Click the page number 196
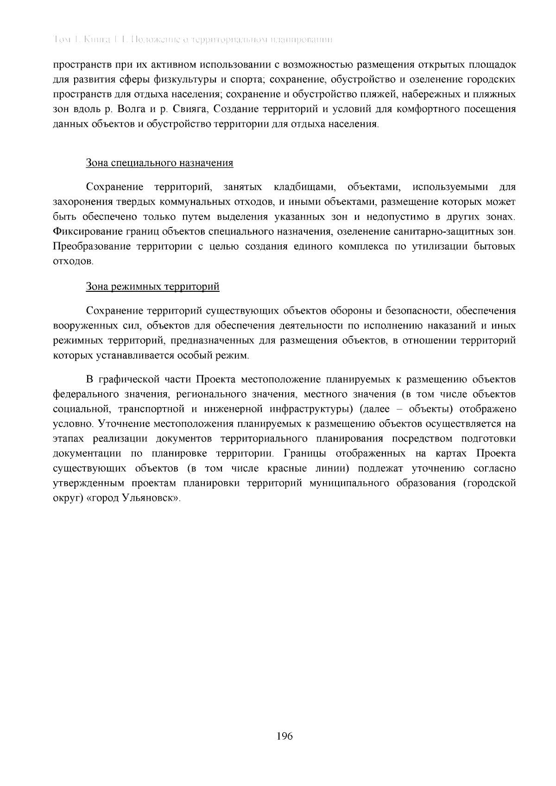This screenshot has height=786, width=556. pyautogui.click(x=284, y=736)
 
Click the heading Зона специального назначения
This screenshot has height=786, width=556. pyautogui.click(x=159, y=163)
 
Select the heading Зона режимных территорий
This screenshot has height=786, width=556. pyautogui.click(x=152, y=287)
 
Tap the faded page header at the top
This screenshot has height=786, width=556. pyautogui.click(x=193, y=40)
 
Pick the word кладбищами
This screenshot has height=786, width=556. pyautogui.click(x=304, y=187)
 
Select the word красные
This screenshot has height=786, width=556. pyautogui.click(x=289, y=469)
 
